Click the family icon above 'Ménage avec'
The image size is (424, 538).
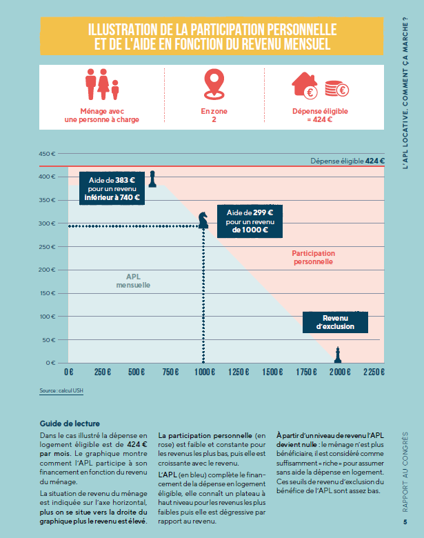coord(102,84)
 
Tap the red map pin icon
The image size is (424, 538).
coord(214,84)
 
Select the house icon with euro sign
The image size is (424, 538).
coord(305,86)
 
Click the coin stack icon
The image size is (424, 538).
coord(336,89)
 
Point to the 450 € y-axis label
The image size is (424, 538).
coord(47,154)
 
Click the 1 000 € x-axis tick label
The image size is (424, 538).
coord(205,372)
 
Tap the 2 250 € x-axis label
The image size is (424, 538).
coord(374,372)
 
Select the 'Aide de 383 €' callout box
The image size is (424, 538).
coord(112,188)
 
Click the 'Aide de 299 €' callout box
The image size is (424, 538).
coord(250,221)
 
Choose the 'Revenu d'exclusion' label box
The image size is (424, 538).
coord(335,322)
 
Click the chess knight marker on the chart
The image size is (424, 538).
coord(203,220)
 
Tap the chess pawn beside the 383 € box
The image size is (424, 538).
coord(152,179)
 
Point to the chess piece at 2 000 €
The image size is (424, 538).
coord(338,355)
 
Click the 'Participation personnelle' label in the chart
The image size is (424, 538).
coord(313,257)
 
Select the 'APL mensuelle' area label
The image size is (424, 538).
coord(133,281)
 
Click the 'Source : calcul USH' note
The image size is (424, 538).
coord(61,390)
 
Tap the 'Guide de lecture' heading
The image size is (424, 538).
coord(70,424)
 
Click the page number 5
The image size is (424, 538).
coord(405,522)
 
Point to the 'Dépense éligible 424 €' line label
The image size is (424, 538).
coord(347,161)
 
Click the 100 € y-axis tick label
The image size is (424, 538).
coord(48,317)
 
